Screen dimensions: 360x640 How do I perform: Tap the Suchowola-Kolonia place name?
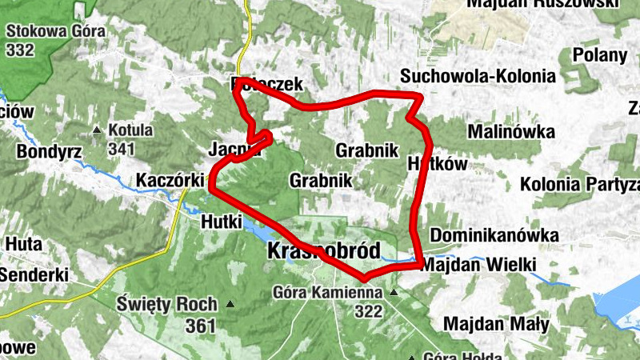coord(478,77)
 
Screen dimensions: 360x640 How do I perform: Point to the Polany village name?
coord(600,55)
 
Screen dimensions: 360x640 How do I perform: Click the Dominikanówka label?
coord(494,236)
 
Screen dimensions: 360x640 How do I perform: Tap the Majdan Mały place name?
coord(495,325)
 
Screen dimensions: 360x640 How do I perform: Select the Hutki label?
coord(222,222)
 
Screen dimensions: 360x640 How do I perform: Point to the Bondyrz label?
coord(44,151)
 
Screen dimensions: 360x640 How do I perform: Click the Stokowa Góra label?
coord(46,32)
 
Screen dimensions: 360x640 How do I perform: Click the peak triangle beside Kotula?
coord(98,130)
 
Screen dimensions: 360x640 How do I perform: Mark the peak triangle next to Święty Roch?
coord(231,304)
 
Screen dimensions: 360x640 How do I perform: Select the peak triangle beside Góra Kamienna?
coord(393,294)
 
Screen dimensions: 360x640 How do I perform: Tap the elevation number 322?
coord(369,312)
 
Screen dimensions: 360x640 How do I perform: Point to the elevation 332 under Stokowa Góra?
coord(19,50)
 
